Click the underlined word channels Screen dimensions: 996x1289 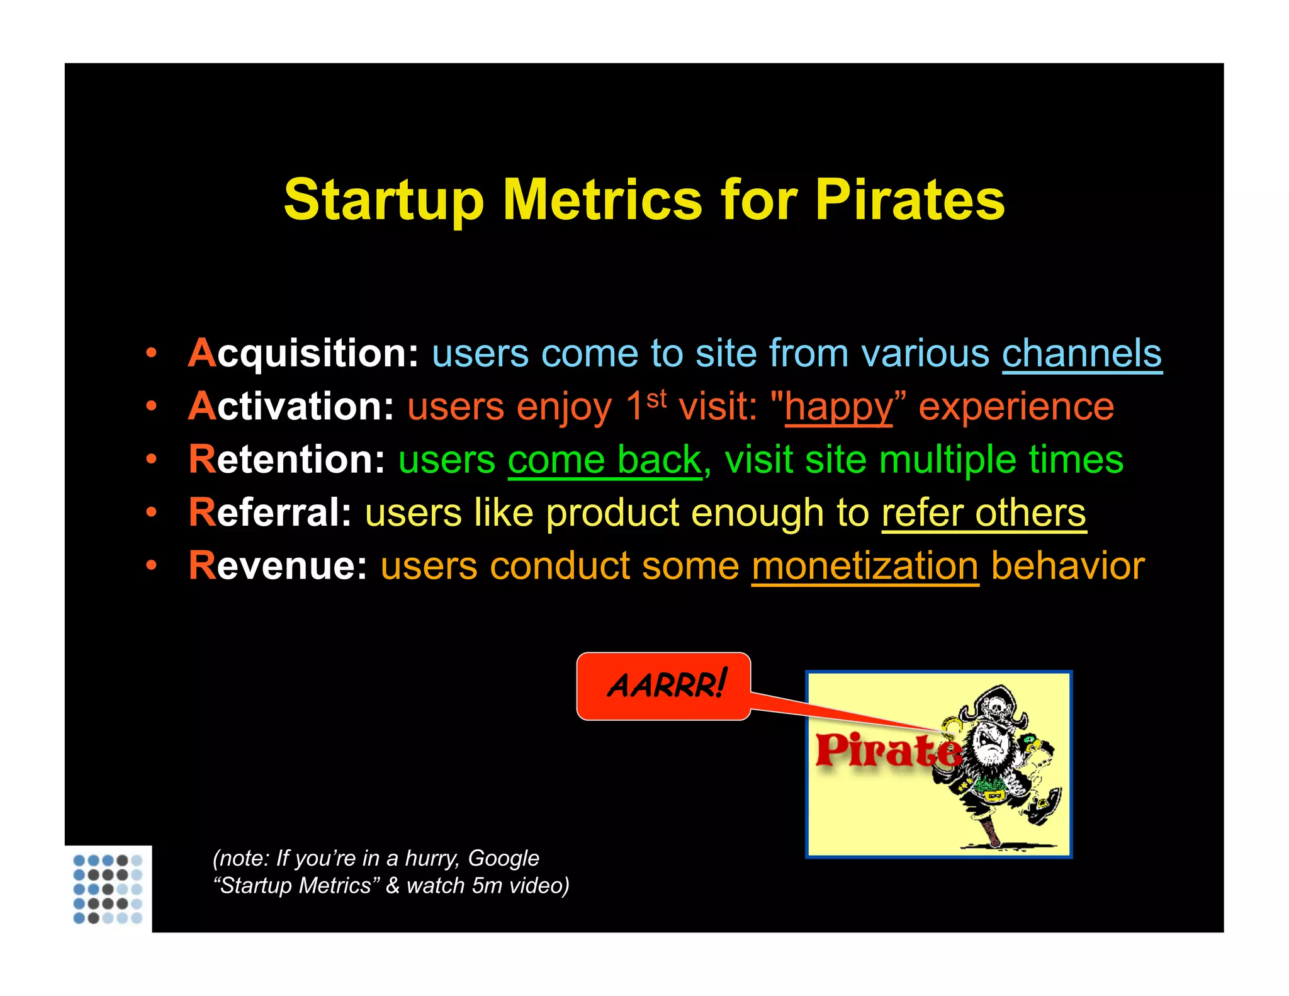(x=1081, y=353)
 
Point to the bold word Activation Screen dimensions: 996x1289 (x=291, y=406)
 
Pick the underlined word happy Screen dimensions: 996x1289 (x=838, y=408)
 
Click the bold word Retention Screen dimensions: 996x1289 (x=286, y=459)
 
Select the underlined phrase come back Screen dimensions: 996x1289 (x=604, y=460)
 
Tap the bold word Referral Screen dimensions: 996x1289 (x=270, y=512)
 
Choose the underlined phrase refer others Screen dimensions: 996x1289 (x=984, y=512)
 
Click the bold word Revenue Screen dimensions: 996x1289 (x=278, y=565)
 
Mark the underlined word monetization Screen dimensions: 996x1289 (x=865, y=566)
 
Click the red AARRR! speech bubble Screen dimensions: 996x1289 (x=664, y=686)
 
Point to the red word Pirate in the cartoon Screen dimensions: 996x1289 (x=884, y=750)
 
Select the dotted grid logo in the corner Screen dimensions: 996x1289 (x=108, y=888)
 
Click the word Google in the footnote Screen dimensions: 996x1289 (x=504, y=858)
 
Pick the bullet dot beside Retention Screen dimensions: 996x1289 (x=151, y=459)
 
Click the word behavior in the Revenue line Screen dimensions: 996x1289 (x=1067, y=565)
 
